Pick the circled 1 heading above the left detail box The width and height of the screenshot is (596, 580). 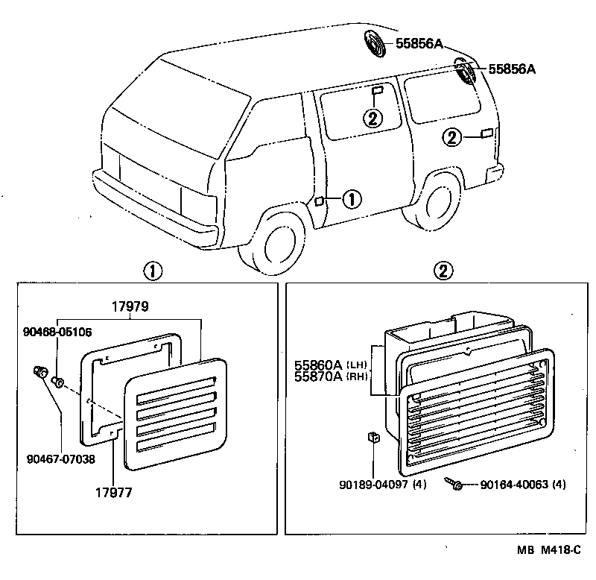click(x=153, y=271)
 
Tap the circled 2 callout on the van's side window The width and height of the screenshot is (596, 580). click(x=372, y=117)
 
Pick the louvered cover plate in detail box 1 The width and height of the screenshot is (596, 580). click(x=176, y=414)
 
